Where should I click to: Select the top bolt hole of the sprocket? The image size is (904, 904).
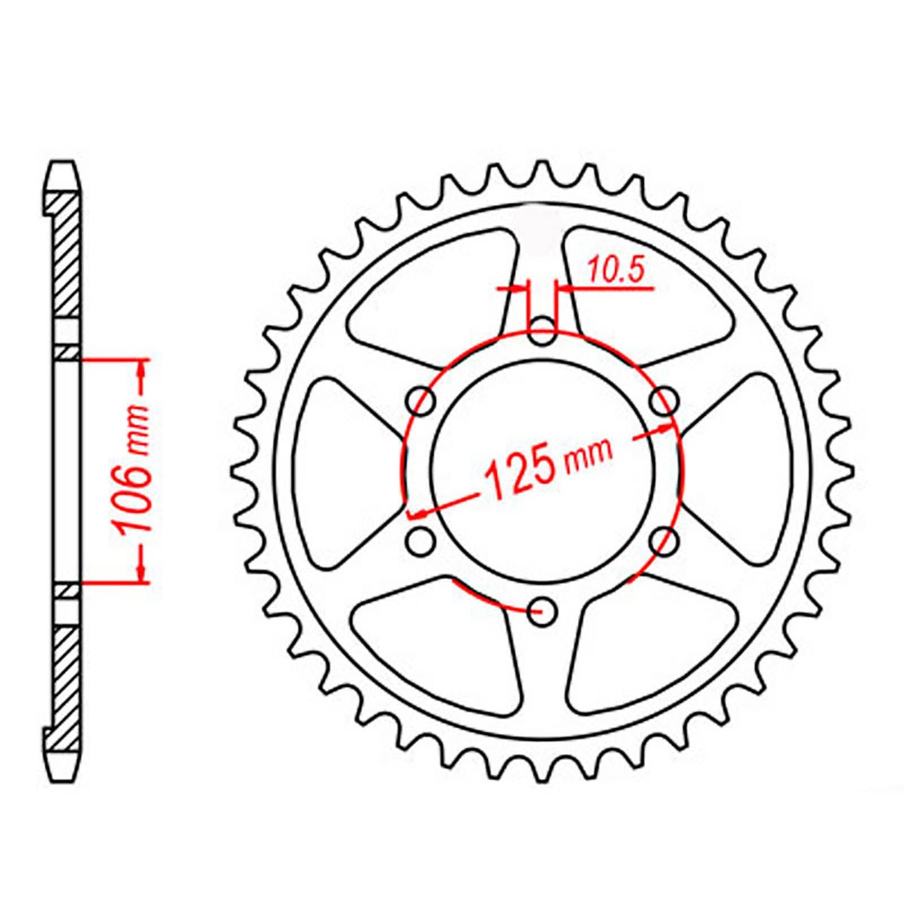click(543, 332)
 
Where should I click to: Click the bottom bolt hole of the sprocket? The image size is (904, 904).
click(543, 611)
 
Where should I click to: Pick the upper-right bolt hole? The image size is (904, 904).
click(664, 402)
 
